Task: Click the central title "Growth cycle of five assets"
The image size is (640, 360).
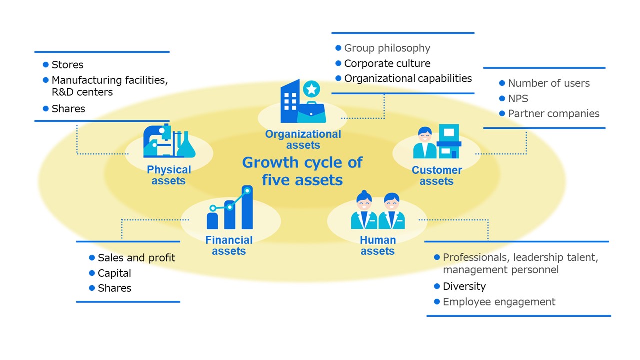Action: point(302,171)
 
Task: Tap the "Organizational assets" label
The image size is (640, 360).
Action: point(303,139)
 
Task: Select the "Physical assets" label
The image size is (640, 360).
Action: point(169,175)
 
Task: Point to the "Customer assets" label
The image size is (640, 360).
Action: point(436,175)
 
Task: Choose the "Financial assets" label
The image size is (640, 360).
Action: point(229,245)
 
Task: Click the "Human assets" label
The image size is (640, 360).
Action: point(377,245)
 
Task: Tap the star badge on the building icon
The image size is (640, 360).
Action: point(312,89)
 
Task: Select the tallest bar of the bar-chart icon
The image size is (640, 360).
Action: point(247,208)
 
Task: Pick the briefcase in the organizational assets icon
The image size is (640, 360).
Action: point(311,112)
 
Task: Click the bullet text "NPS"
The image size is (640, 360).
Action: point(518,98)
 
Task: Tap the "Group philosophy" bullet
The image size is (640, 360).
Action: point(387,48)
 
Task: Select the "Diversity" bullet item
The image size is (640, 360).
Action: point(464,286)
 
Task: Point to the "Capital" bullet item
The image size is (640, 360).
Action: point(114,273)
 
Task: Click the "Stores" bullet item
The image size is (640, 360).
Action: point(67,65)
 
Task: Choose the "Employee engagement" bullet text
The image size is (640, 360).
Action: point(499,302)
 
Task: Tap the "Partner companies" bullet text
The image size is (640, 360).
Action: point(553,113)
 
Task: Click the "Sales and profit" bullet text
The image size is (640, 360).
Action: point(136,258)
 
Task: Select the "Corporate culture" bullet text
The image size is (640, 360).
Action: point(387,63)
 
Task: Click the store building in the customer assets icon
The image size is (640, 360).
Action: point(449,141)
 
